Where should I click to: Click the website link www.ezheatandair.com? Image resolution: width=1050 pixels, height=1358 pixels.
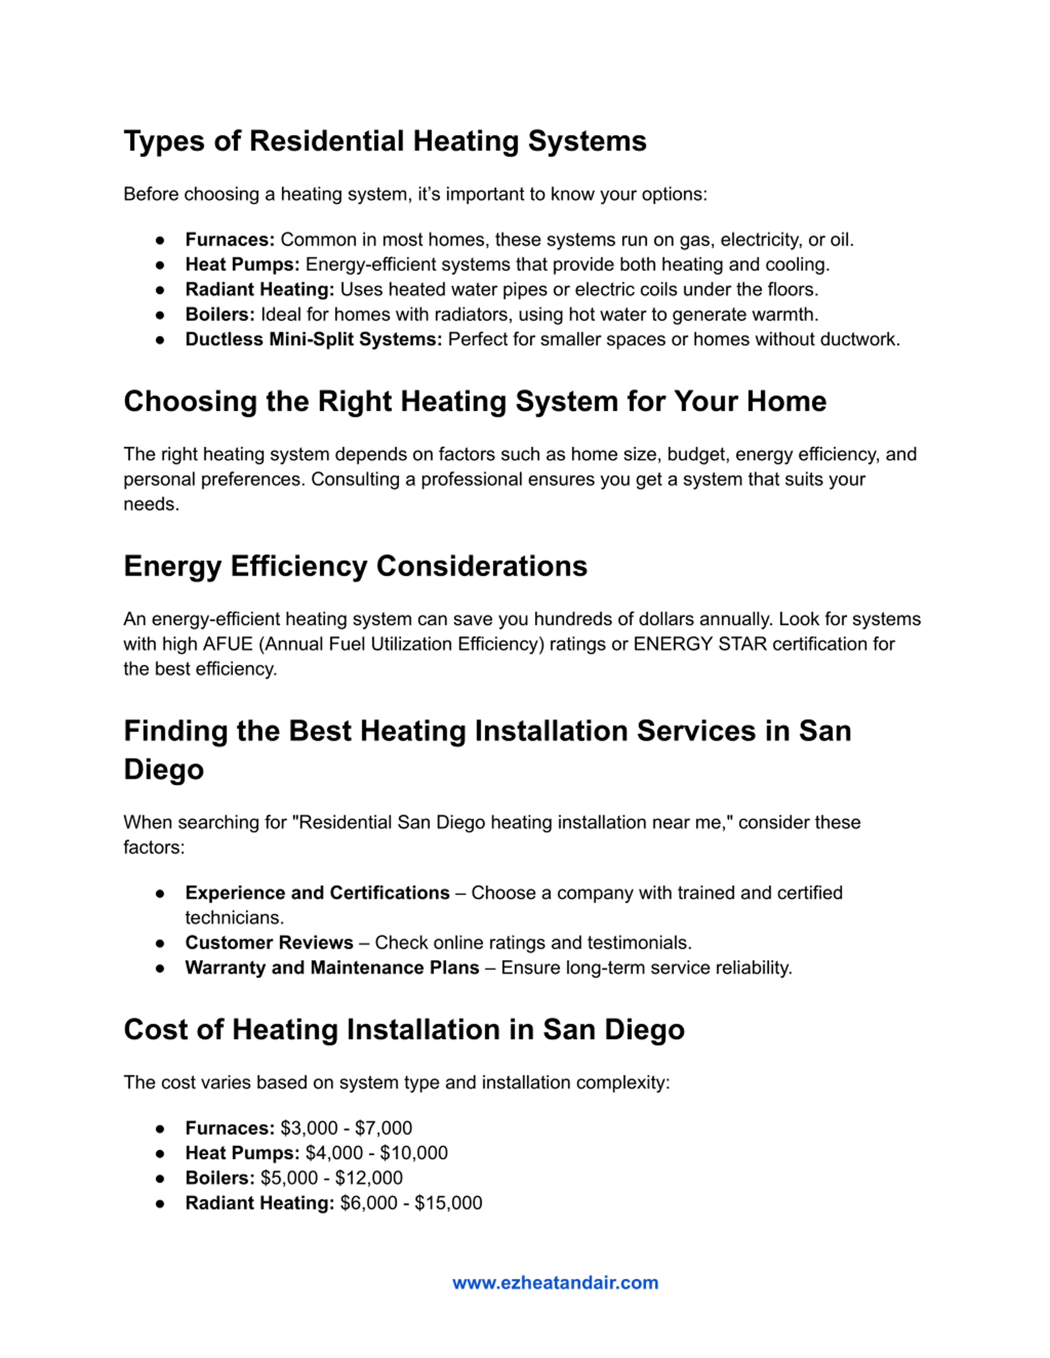[x=555, y=1283]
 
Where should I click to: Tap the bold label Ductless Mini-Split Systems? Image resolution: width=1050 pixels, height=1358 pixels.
[x=313, y=339]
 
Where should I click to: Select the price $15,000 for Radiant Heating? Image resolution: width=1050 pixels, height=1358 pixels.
[x=448, y=1203]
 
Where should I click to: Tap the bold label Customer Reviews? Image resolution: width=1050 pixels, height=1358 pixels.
[x=269, y=943]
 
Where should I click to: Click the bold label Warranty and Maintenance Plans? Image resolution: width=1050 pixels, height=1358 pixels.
[x=332, y=967]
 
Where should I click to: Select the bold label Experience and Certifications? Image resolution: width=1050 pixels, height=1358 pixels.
[x=317, y=893]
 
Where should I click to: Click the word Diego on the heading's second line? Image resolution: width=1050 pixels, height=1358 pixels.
[x=164, y=770]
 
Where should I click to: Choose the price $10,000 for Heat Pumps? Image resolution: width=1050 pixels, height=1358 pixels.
[x=414, y=1153]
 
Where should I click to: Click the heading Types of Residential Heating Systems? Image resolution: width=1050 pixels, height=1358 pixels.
[x=385, y=141]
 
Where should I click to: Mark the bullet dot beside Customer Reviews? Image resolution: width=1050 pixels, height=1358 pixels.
[x=160, y=943]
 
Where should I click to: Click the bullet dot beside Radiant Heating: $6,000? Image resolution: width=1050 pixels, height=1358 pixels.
[x=160, y=1203]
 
